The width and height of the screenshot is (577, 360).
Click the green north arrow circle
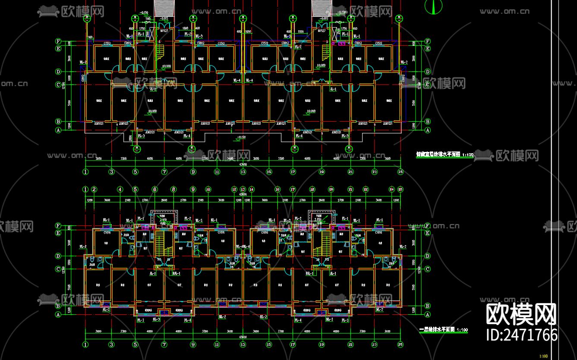(434, 6)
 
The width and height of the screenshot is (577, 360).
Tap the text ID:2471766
(521, 335)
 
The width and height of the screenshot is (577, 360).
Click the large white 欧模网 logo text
(521, 314)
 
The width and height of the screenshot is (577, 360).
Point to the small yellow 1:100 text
(544, 356)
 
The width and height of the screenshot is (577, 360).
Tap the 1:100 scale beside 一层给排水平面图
(462, 330)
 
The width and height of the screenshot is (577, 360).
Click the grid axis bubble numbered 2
(94, 189)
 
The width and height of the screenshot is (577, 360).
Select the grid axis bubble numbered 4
(120, 189)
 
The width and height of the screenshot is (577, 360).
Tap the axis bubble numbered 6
(154, 189)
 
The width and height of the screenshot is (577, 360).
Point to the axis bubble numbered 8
(173, 189)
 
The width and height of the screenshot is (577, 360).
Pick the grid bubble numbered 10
(208, 189)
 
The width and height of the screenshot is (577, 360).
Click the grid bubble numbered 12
(234, 189)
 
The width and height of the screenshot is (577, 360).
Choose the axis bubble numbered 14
(252, 189)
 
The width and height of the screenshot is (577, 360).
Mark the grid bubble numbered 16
(277, 189)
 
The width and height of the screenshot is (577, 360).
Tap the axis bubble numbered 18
(312, 189)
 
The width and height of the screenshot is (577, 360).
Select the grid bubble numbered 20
(331, 189)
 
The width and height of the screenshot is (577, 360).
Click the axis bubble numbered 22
(366, 189)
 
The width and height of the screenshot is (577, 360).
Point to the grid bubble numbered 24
(392, 189)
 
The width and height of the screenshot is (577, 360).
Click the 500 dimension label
(148, 19)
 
